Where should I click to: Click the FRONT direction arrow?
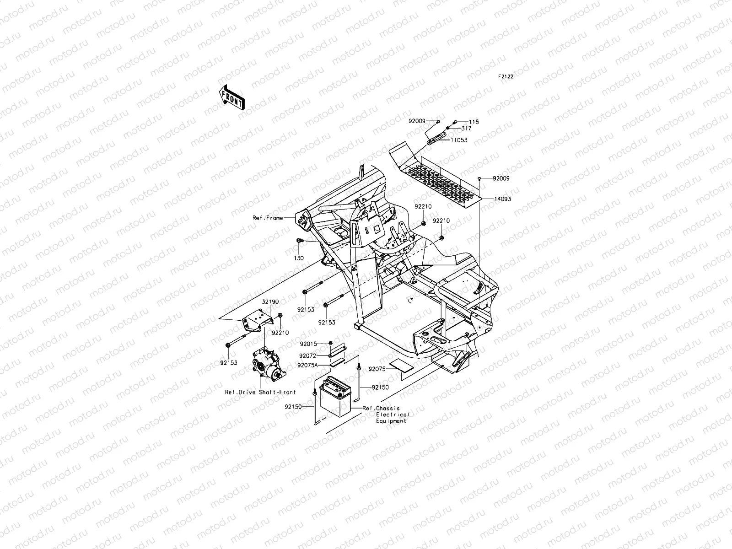pyautogui.click(x=232, y=97)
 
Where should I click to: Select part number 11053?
pyautogui.click(x=459, y=140)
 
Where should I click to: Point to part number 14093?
pyautogui.click(x=502, y=199)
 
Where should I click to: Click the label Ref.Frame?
pyautogui.click(x=268, y=218)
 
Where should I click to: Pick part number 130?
pyautogui.click(x=299, y=258)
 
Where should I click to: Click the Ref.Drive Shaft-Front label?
pyautogui.click(x=260, y=392)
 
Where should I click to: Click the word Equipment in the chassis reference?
pyautogui.click(x=391, y=421)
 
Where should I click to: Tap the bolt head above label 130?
pyautogui.click(x=299, y=241)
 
